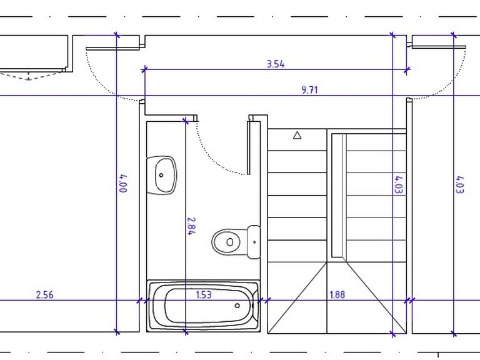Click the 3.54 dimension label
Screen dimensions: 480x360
coord(276,64)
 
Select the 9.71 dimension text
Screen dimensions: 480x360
coord(309,90)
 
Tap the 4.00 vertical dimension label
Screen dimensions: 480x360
coord(123,183)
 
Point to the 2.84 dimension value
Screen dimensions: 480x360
coord(191,226)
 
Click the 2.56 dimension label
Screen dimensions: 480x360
coord(45,295)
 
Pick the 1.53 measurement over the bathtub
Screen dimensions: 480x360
coord(204,294)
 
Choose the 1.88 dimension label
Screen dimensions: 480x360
coord(337,294)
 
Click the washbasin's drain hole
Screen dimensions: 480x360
coord(161,175)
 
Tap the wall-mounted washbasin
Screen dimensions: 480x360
coord(162,175)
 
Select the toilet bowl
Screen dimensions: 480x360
coord(229,242)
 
